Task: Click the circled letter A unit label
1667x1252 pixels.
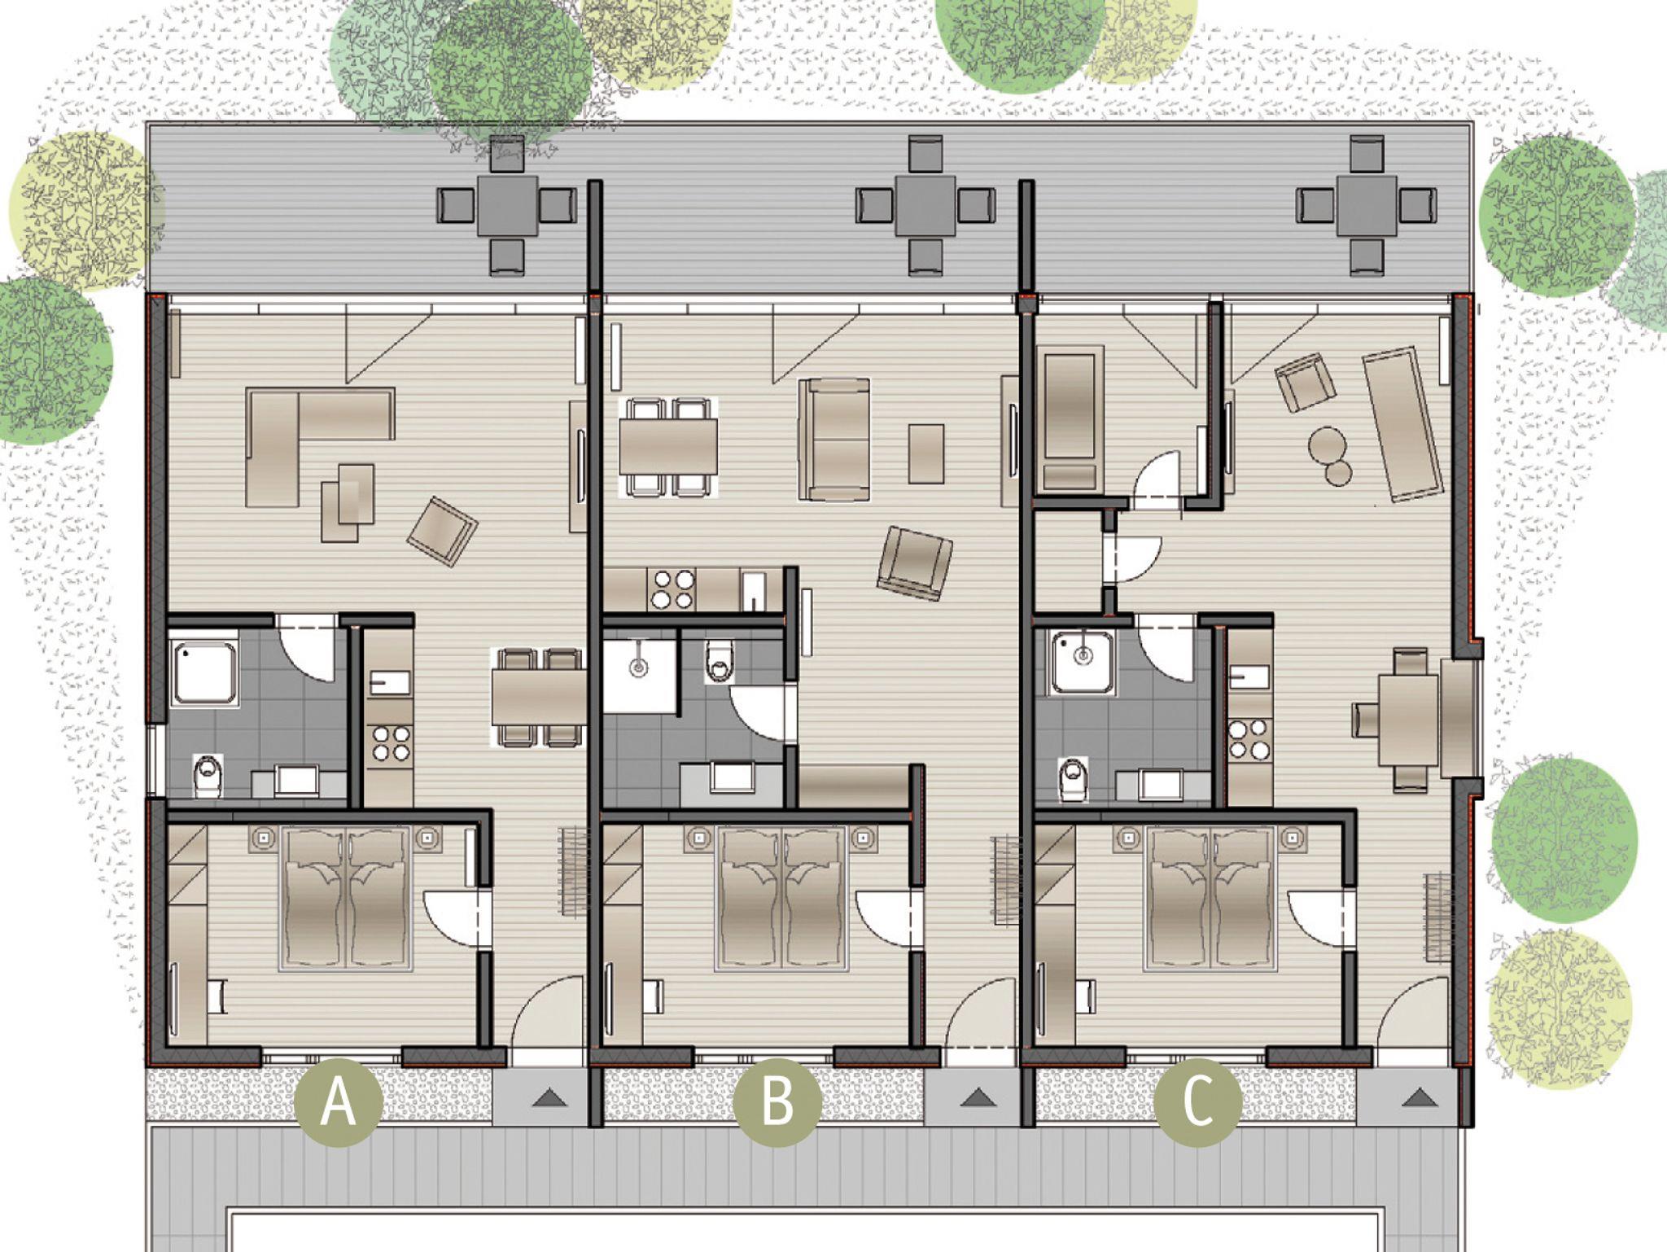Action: pos(339,1103)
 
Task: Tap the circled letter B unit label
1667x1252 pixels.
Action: pos(777,1103)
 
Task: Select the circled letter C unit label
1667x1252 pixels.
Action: pos(1199,1103)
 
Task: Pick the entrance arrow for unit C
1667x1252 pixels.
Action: pos(1418,1099)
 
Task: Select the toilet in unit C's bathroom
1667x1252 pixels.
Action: pos(1072,778)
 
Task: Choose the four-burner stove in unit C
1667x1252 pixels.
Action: pos(1249,738)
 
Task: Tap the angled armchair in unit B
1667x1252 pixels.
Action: pos(915,564)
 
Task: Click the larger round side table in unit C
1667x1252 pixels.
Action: pos(1328,445)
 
